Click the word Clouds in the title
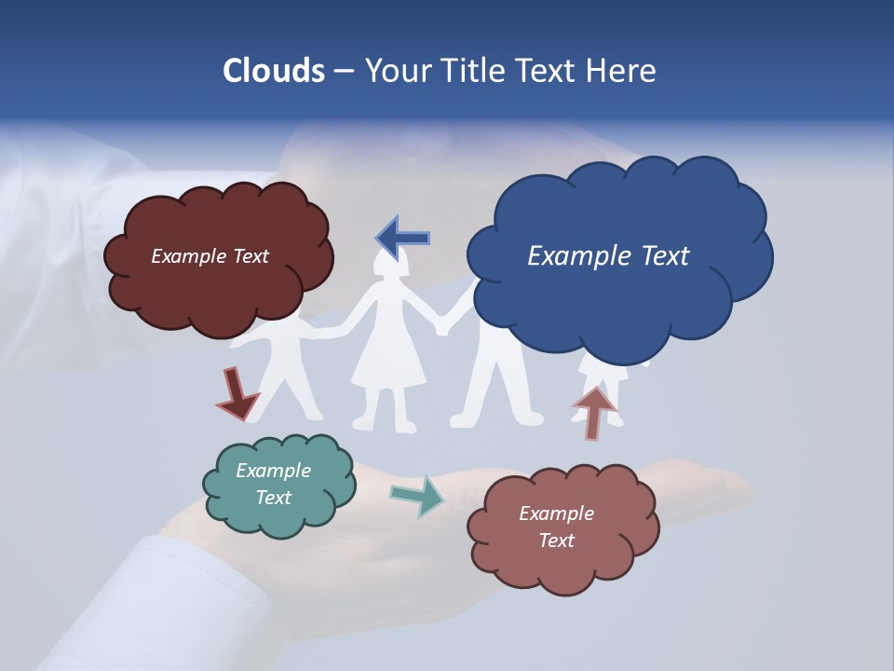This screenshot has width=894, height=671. (273, 71)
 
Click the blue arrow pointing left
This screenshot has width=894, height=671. (403, 238)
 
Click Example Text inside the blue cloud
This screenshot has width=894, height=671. (608, 255)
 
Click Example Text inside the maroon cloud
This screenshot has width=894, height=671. (210, 256)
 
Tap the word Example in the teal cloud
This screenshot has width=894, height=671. (273, 471)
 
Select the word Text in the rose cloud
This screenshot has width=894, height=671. (556, 541)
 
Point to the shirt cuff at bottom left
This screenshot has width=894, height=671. (186, 596)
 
